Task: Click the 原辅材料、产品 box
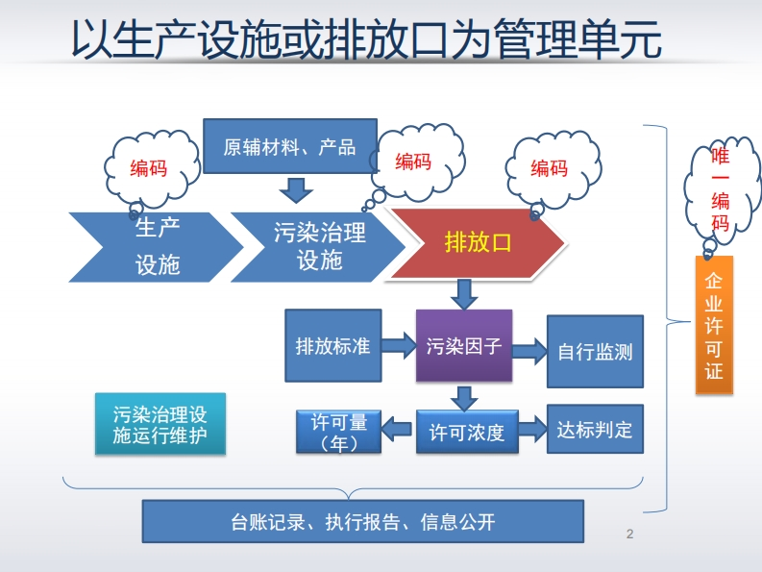[289, 146]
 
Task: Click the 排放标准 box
[332, 345]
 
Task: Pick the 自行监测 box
[595, 351]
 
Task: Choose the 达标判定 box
[595, 429]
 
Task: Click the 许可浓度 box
[466, 432]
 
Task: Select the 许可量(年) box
[338, 432]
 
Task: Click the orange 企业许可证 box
[714, 325]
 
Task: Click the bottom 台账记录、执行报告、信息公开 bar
[363, 522]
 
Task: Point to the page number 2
[630, 535]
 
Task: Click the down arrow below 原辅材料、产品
[295, 187]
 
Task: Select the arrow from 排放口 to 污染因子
[464, 293]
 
